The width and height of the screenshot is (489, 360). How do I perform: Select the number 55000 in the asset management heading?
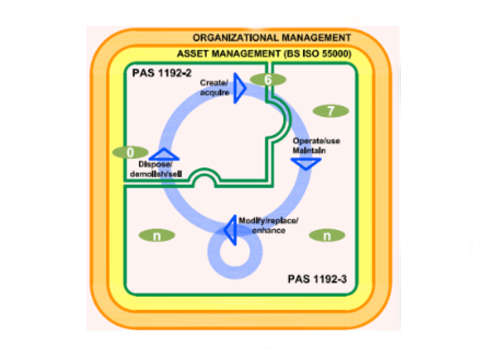click(334, 54)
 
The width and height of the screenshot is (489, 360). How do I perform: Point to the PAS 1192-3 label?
click(317, 279)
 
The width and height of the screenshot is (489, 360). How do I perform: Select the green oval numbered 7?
click(330, 111)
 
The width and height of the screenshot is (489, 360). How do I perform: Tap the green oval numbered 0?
click(130, 152)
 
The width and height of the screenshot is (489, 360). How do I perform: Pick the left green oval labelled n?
click(156, 235)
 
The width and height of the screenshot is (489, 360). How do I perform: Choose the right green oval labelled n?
click(326, 235)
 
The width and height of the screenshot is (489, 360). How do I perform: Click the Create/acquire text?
click(215, 87)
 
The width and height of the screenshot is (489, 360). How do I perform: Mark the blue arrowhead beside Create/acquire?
click(240, 89)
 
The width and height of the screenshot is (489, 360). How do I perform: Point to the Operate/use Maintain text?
click(315, 145)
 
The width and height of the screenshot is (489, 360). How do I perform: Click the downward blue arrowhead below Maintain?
click(305, 164)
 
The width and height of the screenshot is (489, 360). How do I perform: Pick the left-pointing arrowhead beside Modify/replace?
click(230, 228)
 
